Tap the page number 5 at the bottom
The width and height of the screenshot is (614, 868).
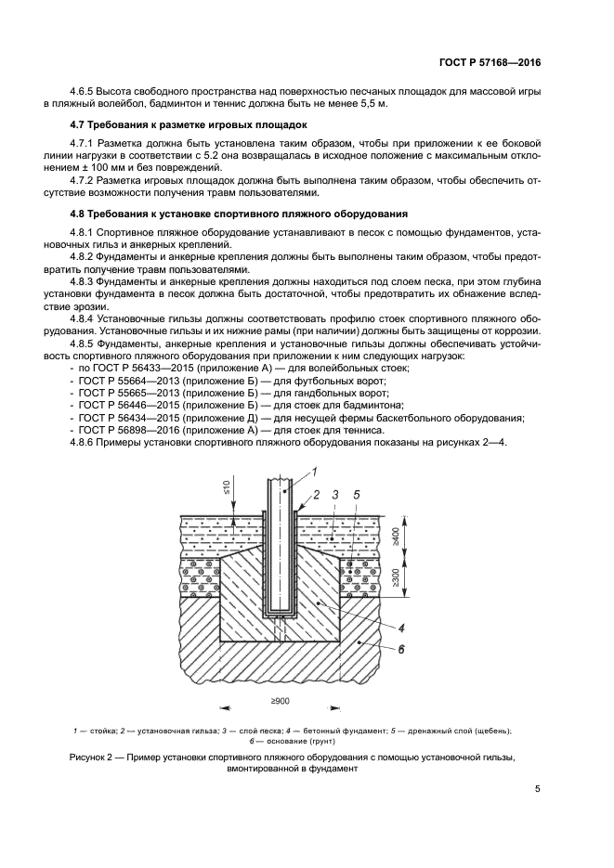pos(538,790)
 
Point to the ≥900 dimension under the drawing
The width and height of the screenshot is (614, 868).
pos(279,701)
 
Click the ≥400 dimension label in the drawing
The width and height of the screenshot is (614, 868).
pos(421,537)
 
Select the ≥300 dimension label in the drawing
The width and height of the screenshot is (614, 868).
pos(421,577)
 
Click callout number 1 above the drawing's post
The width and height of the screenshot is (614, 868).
pos(314,472)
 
